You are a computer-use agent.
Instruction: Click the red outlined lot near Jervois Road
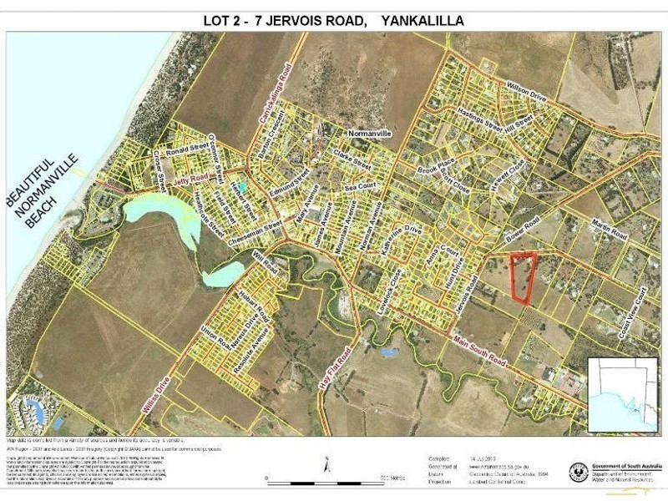[x=522, y=277]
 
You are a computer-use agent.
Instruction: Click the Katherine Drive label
[x=401, y=241]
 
